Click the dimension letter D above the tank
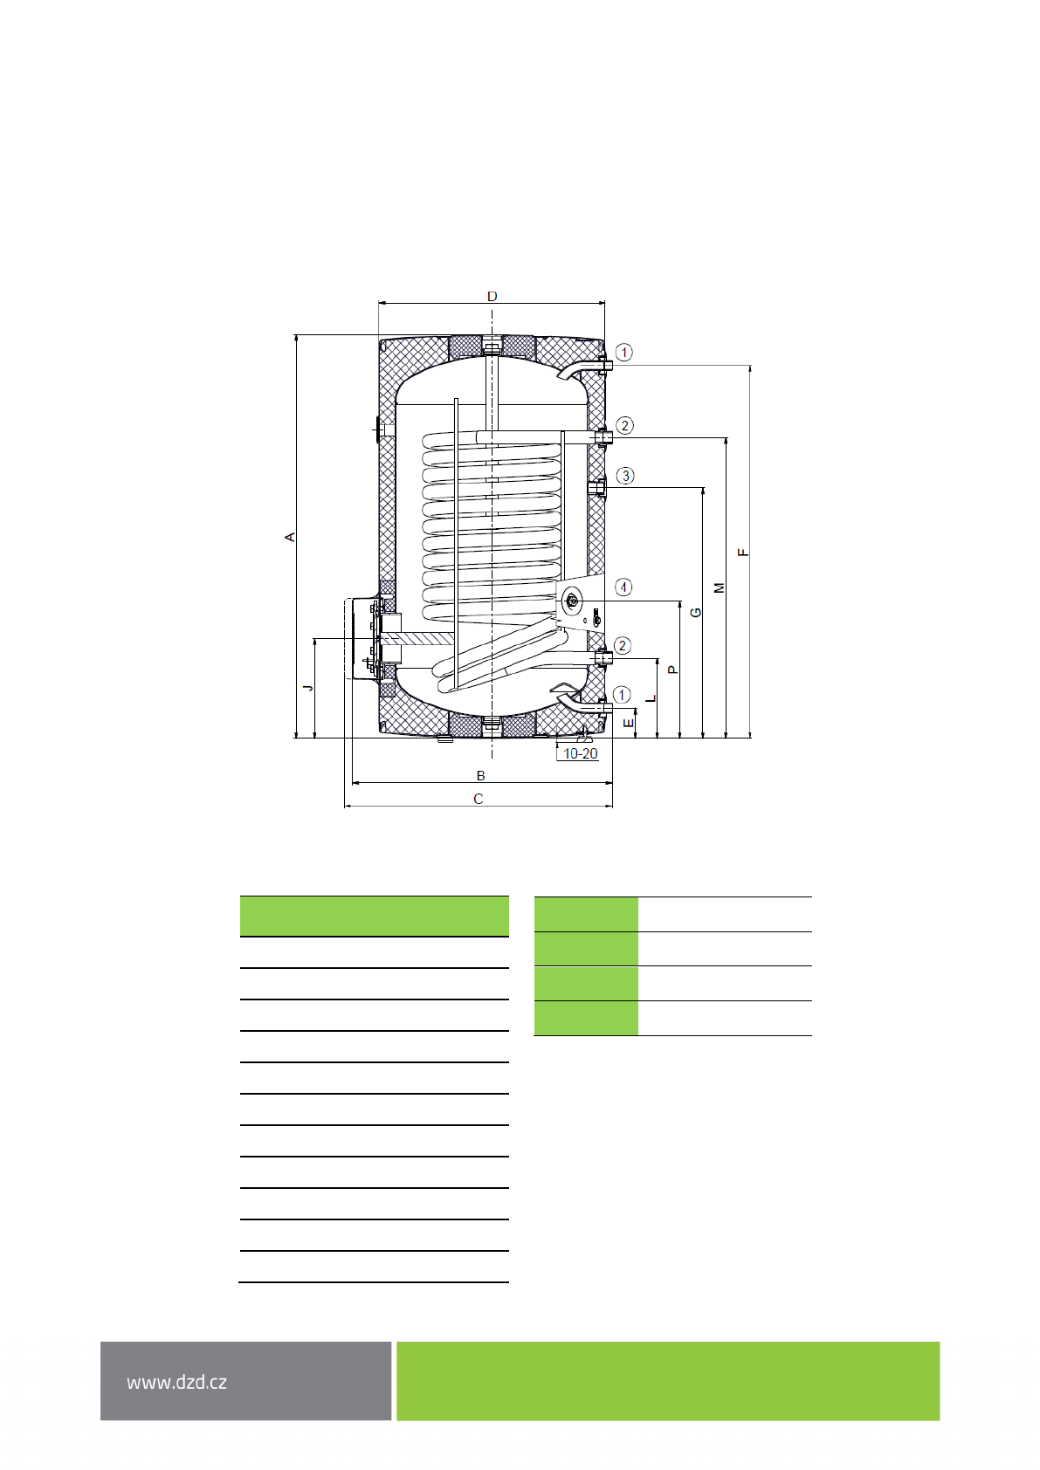click(492, 297)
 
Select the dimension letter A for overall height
click(290, 538)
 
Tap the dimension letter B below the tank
click(480, 776)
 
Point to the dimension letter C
click(479, 799)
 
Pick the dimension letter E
click(629, 723)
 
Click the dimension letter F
click(743, 553)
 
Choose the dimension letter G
click(697, 612)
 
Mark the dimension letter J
click(308, 687)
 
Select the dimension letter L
click(651, 698)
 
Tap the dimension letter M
click(720, 588)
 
